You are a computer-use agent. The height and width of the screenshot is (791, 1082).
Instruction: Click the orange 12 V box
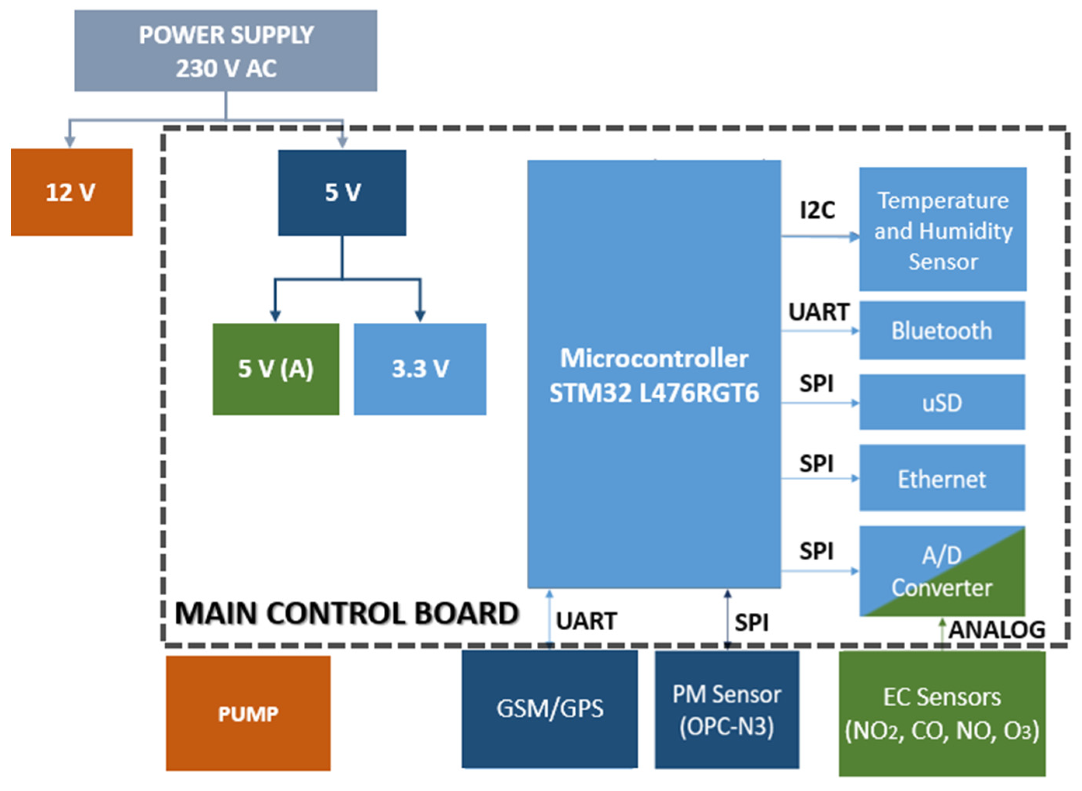point(71,192)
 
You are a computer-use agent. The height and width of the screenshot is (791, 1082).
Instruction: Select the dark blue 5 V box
point(342,193)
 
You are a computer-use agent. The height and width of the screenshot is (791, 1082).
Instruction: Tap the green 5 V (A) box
point(276,369)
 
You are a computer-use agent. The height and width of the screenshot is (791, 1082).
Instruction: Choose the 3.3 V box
point(420,369)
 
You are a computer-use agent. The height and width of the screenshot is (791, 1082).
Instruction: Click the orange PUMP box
point(248,713)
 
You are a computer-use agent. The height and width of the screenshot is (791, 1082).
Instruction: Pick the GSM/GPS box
point(549,709)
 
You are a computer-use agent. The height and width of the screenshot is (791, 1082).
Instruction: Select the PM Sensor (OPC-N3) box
point(726,709)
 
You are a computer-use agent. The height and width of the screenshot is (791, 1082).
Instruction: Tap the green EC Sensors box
point(941,713)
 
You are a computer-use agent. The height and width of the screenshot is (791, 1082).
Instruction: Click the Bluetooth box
point(941,330)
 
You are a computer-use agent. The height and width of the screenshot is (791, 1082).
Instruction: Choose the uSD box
point(941,402)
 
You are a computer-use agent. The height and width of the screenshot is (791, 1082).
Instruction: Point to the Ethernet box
point(941,478)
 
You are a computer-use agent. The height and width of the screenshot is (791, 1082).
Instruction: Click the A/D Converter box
point(941,571)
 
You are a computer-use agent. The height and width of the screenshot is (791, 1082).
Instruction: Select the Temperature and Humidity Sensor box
point(942,230)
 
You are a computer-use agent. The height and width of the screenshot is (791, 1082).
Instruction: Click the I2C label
point(817,210)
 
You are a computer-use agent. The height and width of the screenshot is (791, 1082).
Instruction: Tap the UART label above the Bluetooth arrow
point(818,312)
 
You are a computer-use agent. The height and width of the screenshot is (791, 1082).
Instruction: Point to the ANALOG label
point(997,629)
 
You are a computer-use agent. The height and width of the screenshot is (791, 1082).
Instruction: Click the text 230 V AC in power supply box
point(226,68)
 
